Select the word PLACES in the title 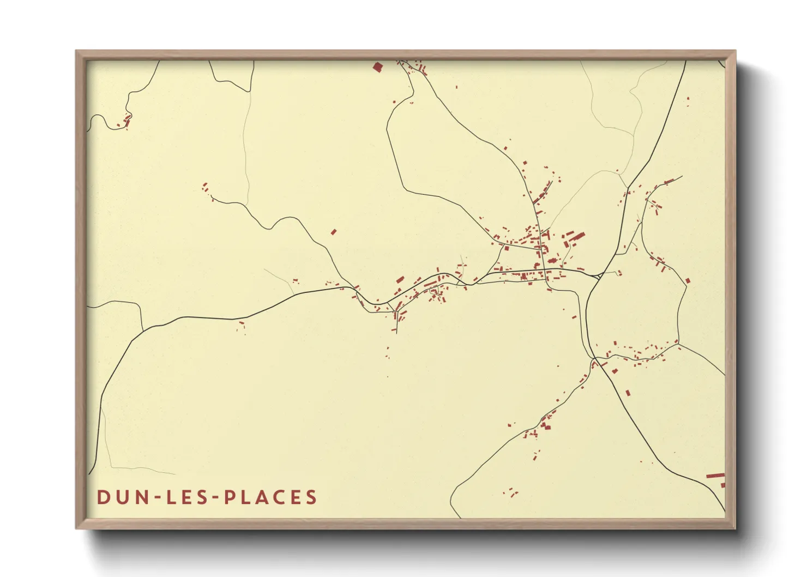[x=271, y=497]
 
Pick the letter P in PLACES [x=230, y=497]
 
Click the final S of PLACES [x=311, y=497]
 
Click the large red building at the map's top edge [x=377, y=67]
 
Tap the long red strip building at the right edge [x=715, y=476]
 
